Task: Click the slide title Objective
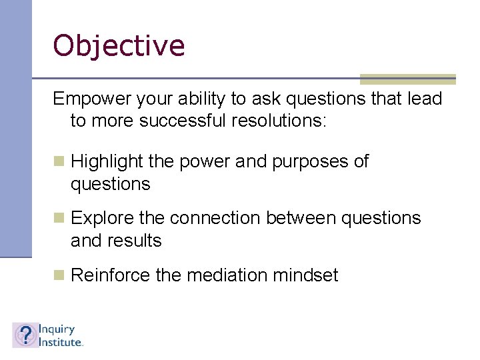(x=119, y=46)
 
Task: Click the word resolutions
(x=281, y=121)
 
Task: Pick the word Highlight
(x=107, y=162)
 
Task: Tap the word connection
(x=217, y=218)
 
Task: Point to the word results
(x=138, y=241)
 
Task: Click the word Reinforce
(x=110, y=275)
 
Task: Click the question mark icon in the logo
(x=25, y=335)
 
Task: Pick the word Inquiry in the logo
(x=57, y=329)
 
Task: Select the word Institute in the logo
(x=59, y=341)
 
